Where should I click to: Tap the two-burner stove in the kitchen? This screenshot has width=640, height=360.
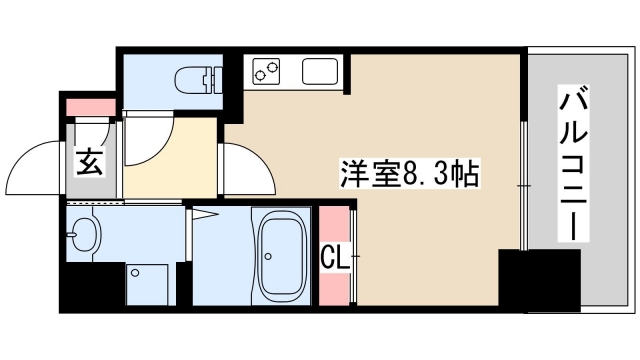point(267,72)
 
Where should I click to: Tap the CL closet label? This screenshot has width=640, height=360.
point(335,258)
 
